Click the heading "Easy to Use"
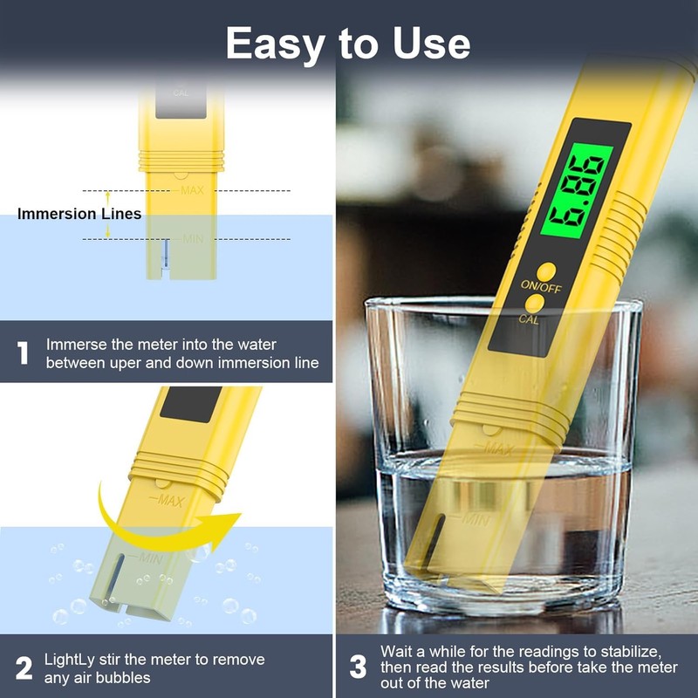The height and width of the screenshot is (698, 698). tap(348, 43)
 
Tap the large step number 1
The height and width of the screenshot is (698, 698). tap(24, 353)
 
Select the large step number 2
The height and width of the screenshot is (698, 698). tap(24, 668)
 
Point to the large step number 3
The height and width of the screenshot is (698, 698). tap(358, 668)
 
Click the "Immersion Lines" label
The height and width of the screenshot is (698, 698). tap(79, 214)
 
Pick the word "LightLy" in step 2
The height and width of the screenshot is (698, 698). tap(71, 660)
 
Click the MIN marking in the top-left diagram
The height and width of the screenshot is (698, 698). tap(192, 238)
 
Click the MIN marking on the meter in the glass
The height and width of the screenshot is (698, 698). tap(474, 520)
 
